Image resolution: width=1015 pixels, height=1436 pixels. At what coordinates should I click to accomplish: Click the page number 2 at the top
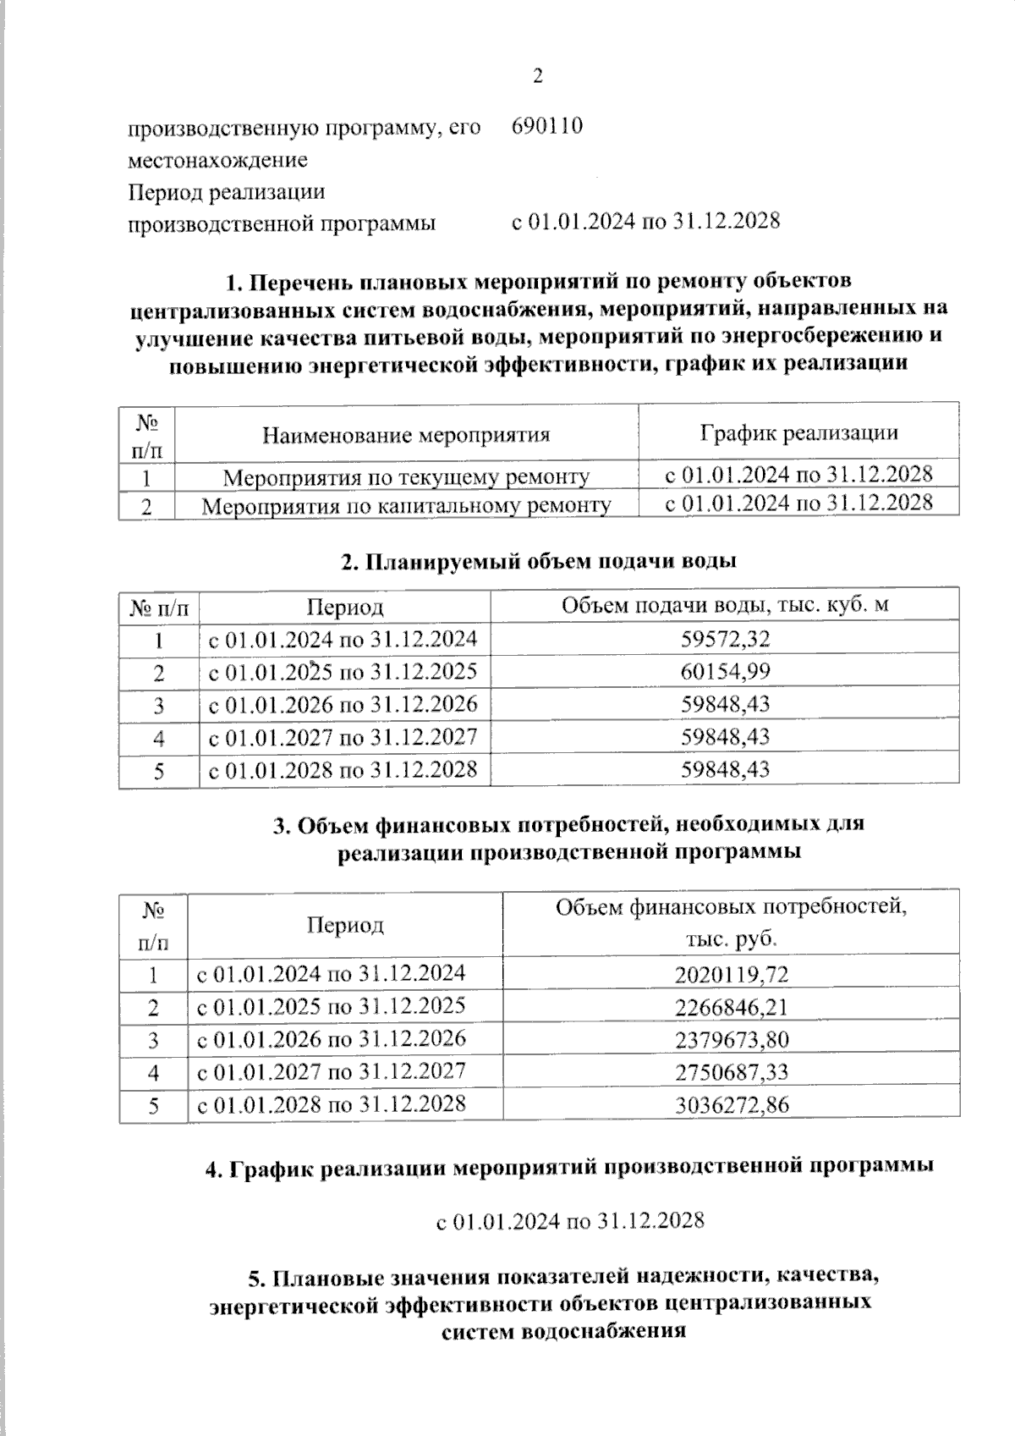[538, 76]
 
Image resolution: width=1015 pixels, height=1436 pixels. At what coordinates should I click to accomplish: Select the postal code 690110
[546, 127]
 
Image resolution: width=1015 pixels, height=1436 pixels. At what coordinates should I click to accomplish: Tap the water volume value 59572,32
[726, 640]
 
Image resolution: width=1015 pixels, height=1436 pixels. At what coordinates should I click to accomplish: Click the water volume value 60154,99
[726, 672]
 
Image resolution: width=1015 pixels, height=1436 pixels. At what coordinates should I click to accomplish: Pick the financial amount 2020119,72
[732, 975]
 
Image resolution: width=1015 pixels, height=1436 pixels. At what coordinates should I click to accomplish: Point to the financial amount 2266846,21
[732, 1008]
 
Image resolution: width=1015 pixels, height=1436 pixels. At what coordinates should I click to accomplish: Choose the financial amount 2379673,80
[732, 1040]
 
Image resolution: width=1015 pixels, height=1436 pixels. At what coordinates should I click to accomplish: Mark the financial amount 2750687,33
[732, 1072]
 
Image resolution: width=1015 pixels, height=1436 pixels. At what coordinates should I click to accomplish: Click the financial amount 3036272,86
[732, 1105]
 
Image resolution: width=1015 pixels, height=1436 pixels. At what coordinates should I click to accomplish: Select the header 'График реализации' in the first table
[798, 433]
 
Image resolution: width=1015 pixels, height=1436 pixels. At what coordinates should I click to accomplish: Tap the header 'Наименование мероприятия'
[406, 435]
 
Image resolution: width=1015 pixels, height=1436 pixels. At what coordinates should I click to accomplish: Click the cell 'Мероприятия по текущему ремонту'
[406, 477]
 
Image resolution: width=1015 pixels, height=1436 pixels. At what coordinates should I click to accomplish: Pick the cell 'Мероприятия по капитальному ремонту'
[406, 506]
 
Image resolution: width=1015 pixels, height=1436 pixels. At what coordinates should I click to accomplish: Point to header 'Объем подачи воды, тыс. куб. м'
[725, 605]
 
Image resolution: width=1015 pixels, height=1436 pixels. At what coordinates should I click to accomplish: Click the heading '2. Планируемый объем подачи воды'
[538, 561]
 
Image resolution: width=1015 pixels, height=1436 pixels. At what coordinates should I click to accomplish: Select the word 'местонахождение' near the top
[217, 160]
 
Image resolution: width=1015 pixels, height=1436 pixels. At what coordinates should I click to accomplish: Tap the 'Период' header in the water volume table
[345, 608]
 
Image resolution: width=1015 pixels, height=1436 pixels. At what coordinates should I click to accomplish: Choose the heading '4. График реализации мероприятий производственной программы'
[570, 1168]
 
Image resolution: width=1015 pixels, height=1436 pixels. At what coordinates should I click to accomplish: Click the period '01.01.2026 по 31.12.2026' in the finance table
[331, 1039]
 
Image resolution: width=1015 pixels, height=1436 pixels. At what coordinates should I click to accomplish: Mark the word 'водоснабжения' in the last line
[604, 1331]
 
